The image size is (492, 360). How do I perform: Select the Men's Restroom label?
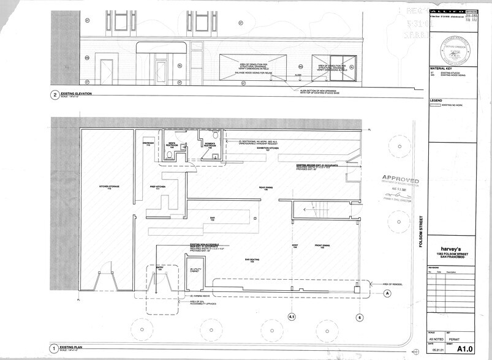point(172,146)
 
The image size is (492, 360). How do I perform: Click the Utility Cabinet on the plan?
point(196,270)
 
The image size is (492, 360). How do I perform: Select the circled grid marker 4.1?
point(292,317)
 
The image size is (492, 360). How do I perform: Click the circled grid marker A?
point(387,293)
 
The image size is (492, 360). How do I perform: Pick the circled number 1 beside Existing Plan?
point(54,350)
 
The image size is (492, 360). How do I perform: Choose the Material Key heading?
point(442,68)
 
